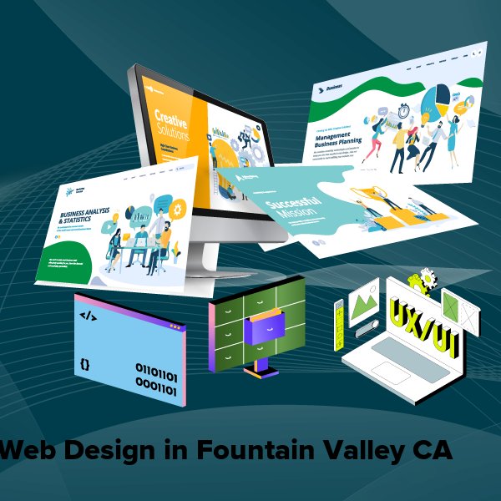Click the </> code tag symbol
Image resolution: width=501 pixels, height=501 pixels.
88,316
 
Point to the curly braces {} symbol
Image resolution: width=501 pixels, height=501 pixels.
86,364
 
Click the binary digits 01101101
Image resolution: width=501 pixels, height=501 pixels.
156,369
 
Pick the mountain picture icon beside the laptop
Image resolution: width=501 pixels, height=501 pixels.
365,300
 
